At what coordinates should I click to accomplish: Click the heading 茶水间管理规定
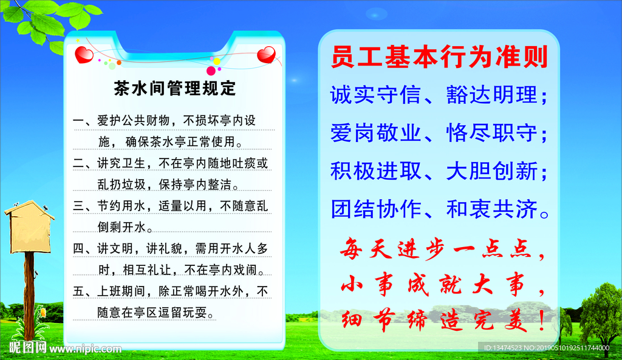[175, 89]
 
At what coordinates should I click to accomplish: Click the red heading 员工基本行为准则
[439, 58]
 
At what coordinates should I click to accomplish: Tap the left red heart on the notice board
[84, 56]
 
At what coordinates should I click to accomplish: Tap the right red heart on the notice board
[266, 56]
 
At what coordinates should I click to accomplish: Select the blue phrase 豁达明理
[492, 95]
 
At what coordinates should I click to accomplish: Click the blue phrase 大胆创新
[492, 172]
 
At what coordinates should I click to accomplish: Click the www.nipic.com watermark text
[85, 349]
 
